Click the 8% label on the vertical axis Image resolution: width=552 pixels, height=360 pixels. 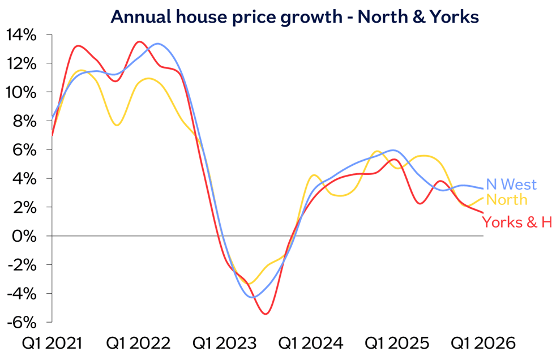pyautogui.click(x=25, y=121)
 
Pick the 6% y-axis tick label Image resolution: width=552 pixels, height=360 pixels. pyautogui.click(x=25, y=150)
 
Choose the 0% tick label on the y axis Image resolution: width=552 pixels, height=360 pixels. pyautogui.click(x=25, y=236)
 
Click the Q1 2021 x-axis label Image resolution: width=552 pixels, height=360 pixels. pyautogui.click(x=52, y=343)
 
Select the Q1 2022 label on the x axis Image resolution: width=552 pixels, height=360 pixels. pyautogui.click(x=138, y=343)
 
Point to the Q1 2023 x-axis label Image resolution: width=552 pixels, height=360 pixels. pyautogui.click(x=225, y=343)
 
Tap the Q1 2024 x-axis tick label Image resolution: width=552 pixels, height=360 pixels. pyautogui.click(x=311, y=343)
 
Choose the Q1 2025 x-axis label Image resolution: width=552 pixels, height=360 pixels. pyautogui.click(x=397, y=343)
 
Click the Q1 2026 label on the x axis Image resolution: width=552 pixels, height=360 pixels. pyautogui.click(x=483, y=343)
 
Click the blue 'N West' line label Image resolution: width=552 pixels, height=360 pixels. pyautogui.click(x=511, y=185)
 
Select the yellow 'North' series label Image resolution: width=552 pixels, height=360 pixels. pyautogui.click(x=507, y=200)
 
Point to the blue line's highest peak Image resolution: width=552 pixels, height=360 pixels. pyautogui.click(x=157, y=44)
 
